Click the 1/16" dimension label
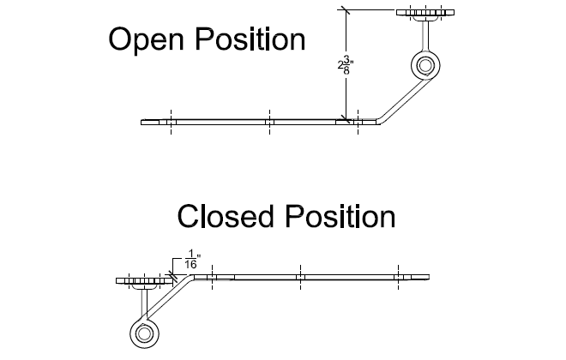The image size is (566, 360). tap(190, 260)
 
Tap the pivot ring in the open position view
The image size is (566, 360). tap(424, 66)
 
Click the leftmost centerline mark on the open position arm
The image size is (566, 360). tap(171, 122)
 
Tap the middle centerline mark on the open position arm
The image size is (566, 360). tap(268, 122)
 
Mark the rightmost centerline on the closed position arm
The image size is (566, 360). tap(396, 276)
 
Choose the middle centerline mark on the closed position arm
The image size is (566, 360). tap(299, 276)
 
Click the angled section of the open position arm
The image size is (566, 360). tap(397, 100)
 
